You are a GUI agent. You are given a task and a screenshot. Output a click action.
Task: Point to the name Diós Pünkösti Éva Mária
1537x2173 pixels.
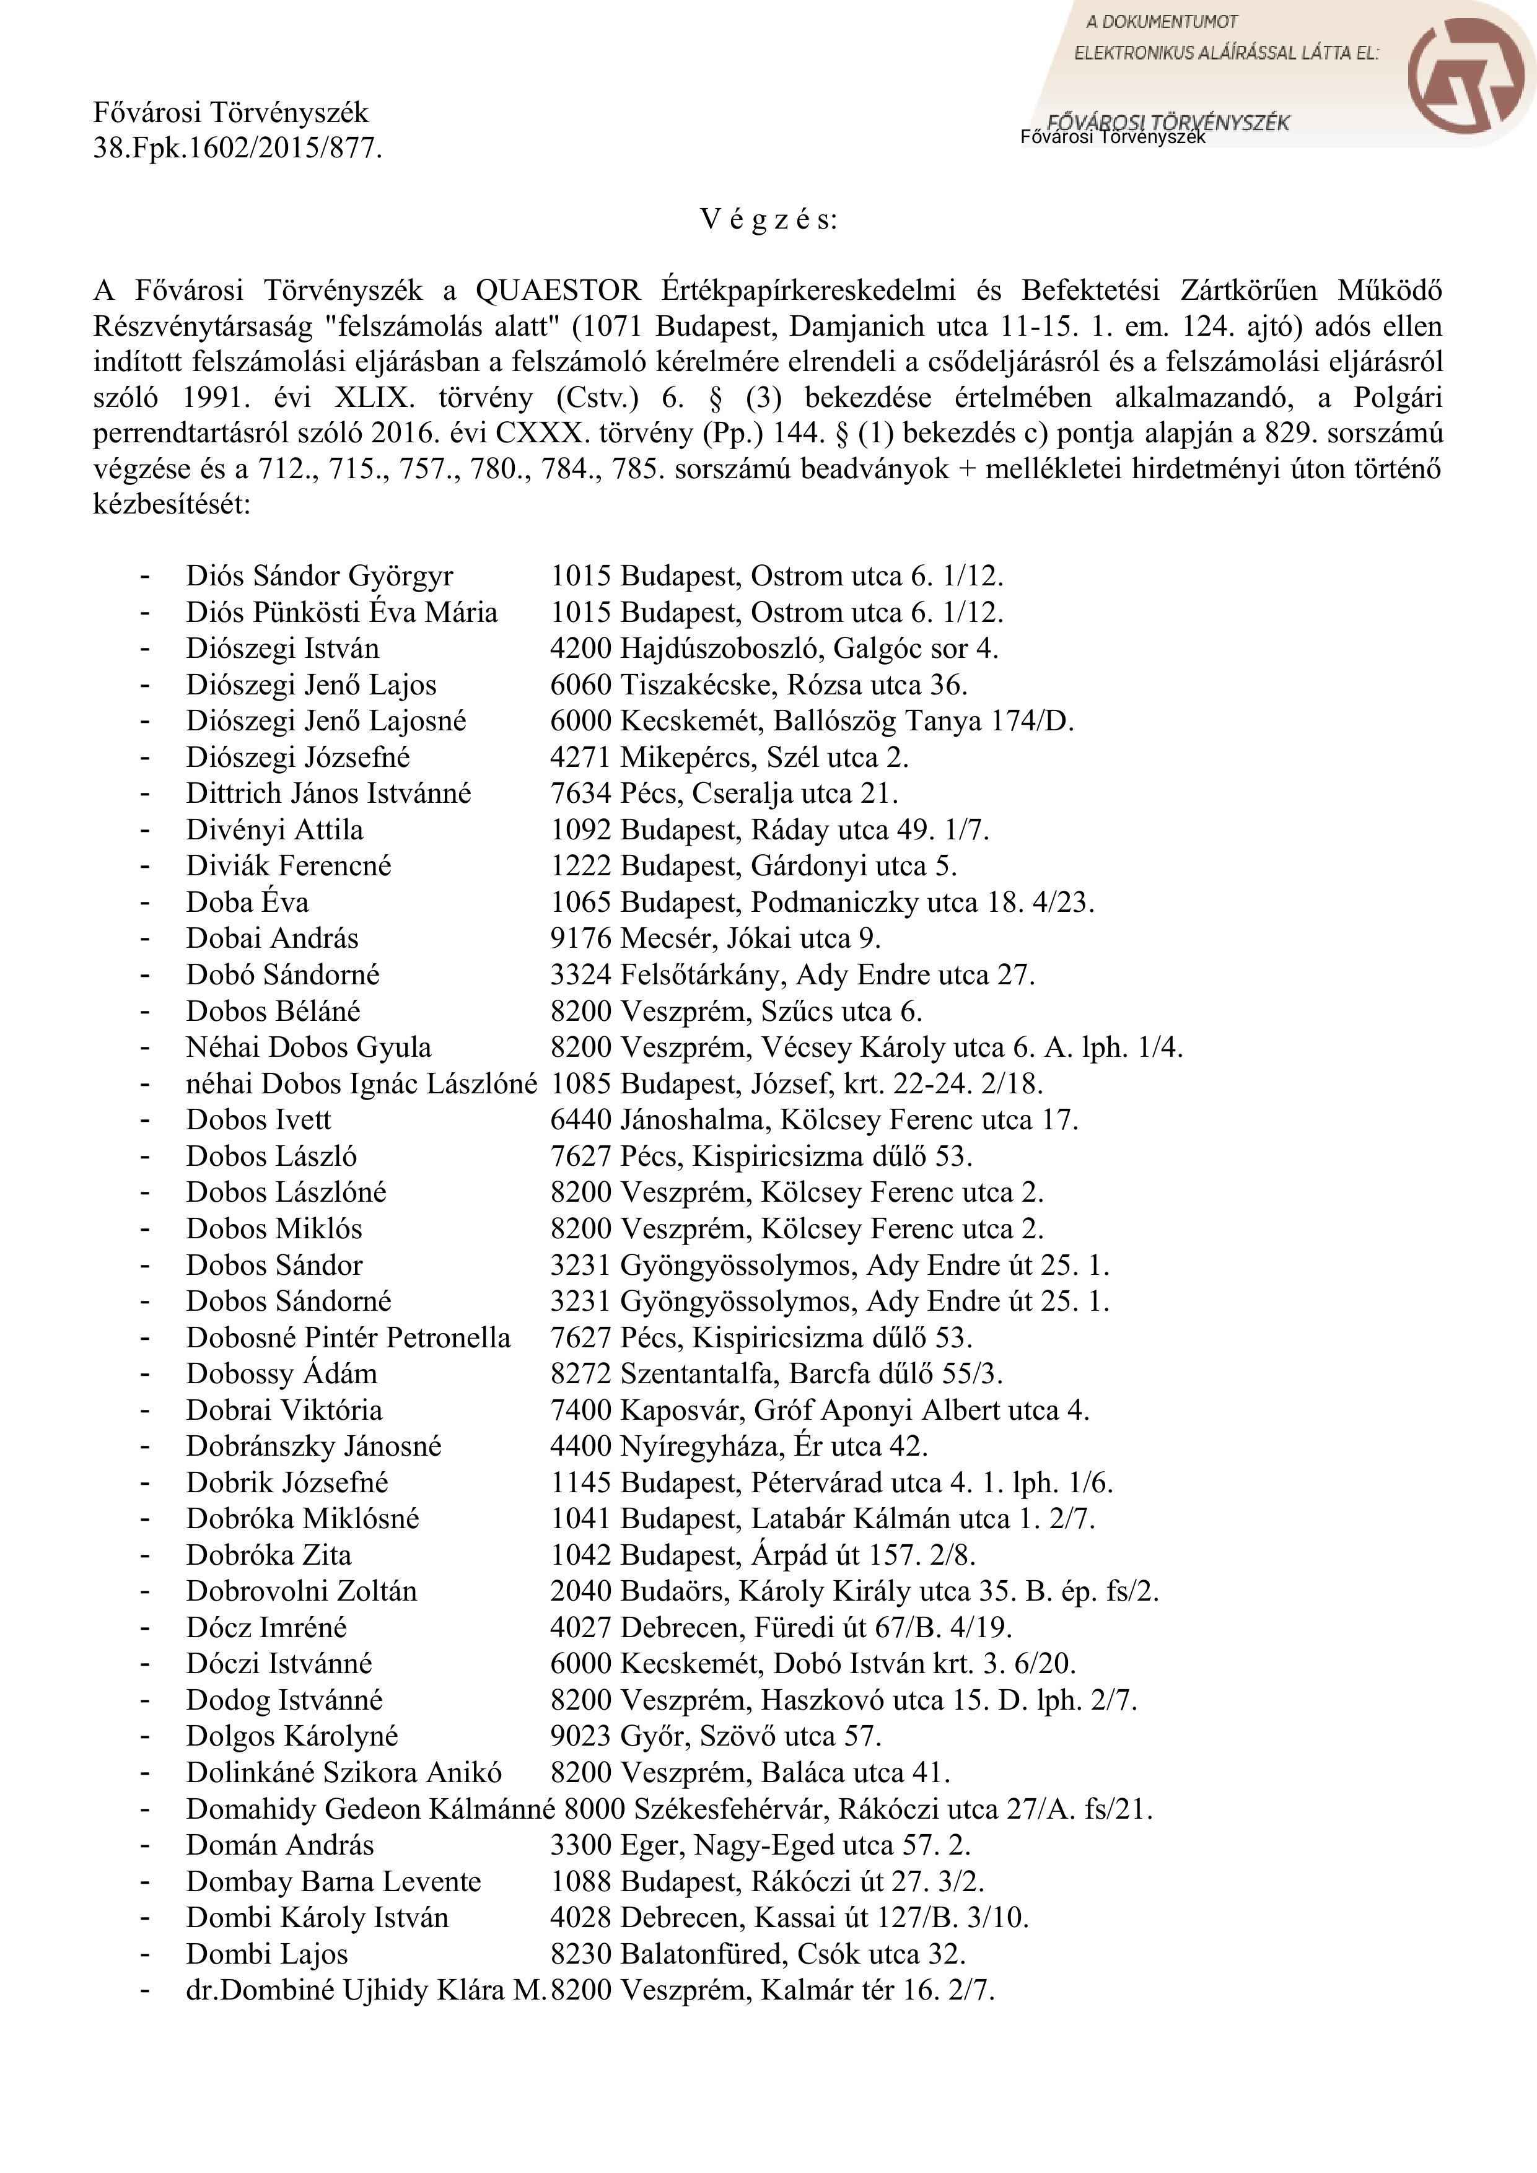pos(342,613)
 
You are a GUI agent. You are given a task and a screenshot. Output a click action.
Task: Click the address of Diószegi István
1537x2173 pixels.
pos(774,649)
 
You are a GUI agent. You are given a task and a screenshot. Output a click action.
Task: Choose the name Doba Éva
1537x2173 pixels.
pos(247,902)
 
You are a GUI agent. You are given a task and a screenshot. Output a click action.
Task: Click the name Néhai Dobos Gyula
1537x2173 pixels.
pos(309,1047)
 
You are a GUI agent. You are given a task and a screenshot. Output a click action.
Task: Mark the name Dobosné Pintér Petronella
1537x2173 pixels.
pos(348,1337)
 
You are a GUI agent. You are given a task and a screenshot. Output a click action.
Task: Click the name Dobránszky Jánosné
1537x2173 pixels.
pos(314,1446)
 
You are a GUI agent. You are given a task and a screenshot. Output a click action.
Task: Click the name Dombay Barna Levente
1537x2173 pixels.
pos(334,1881)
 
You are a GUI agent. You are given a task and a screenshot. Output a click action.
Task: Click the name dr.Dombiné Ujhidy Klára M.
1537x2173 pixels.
pos(366,1990)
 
